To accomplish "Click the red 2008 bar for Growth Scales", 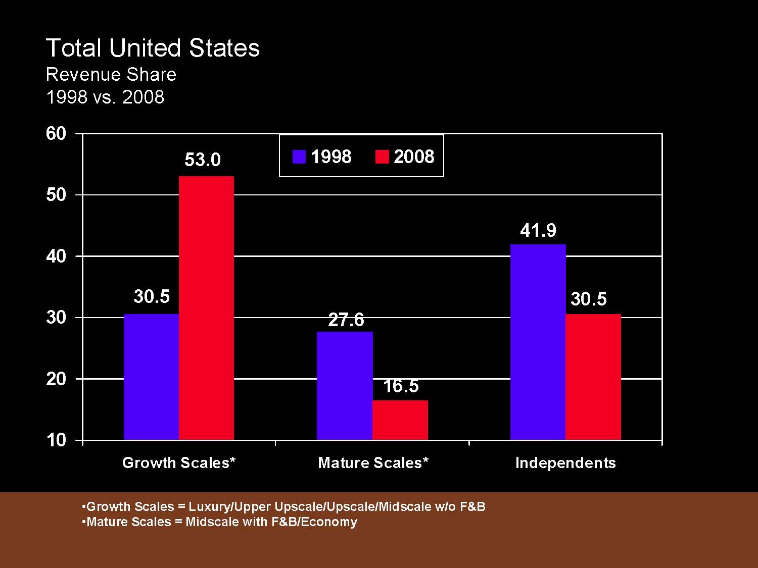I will pyautogui.click(x=206, y=308).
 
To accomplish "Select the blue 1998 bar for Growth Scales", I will pyautogui.click(x=151, y=377).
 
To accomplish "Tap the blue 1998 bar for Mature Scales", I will pyautogui.click(x=345, y=386).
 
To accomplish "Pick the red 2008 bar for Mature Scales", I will pyautogui.click(x=400, y=420).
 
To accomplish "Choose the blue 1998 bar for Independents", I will pyautogui.click(x=538, y=342).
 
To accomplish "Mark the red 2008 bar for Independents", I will pyautogui.click(x=593, y=377).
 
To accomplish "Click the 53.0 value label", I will pyautogui.click(x=203, y=160).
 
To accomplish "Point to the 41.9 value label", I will pyautogui.click(x=538, y=231).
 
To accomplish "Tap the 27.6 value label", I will pyautogui.click(x=346, y=320).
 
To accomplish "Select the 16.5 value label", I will pyautogui.click(x=401, y=387).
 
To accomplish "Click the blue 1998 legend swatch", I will pyautogui.click(x=299, y=157).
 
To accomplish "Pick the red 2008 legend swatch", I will pyautogui.click(x=382, y=157).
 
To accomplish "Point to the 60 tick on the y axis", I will pyautogui.click(x=56, y=134).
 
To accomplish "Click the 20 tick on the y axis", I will pyautogui.click(x=56, y=379).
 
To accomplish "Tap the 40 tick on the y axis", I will pyautogui.click(x=56, y=256).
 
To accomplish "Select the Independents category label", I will pyautogui.click(x=565, y=463).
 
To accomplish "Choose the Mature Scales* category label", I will pyautogui.click(x=373, y=463).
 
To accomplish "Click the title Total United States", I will pyautogui.click(x=153, y=48).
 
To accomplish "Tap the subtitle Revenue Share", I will pyautogui.click(x=111, y=75).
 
